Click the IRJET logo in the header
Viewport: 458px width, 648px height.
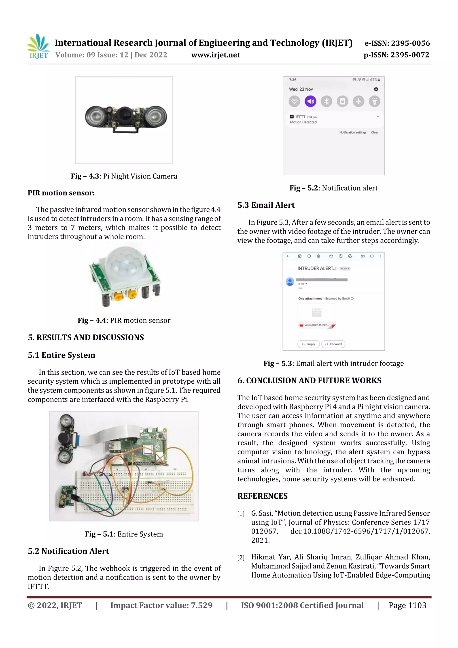(x=38, y=47)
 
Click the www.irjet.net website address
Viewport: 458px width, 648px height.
(x=215, y=55)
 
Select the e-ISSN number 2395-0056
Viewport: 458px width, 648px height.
(x=397, y=43)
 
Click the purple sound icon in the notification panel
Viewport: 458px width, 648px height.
(x=310, y=101)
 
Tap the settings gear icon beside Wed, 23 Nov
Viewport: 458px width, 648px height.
(x=376, y=89)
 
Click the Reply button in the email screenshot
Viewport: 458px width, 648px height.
(x=308, y=344)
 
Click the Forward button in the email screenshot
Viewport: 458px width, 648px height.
(x=333, y=344)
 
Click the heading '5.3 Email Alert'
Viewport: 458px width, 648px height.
(x=266, y=205)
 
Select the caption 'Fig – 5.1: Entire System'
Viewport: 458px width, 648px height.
(x=124, y=534)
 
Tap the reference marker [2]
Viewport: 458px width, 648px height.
(x=241, y=558)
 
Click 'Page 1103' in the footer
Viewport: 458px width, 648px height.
(x=407, y=605)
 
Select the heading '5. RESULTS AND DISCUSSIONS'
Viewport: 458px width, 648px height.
(x=86, y=338)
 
